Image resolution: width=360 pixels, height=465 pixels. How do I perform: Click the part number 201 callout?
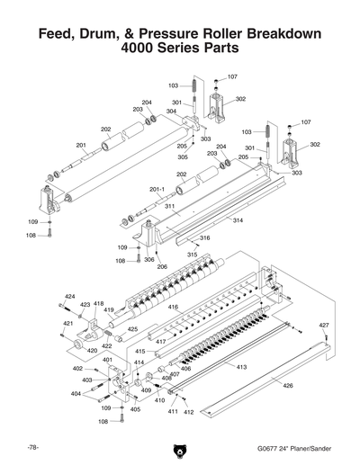pos(80,145)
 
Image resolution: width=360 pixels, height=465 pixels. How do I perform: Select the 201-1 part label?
pos(157,189)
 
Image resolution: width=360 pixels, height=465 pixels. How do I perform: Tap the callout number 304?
pos(171,112)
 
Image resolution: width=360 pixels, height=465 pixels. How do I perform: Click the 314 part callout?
pos(238,220)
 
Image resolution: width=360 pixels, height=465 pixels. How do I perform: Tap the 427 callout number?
pos(325,324)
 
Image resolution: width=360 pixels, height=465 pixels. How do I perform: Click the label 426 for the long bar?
pos(288,386)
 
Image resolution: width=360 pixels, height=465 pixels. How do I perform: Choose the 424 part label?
pos(70,296)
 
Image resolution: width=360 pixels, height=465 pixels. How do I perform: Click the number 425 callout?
pos(131,329)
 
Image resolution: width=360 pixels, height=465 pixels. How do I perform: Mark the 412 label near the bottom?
pos(189,412)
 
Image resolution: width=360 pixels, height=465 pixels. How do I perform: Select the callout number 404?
pos(76,394)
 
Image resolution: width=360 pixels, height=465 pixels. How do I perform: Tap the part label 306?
pos(148,259)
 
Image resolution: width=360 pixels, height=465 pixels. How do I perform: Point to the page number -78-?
pos(31,447)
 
